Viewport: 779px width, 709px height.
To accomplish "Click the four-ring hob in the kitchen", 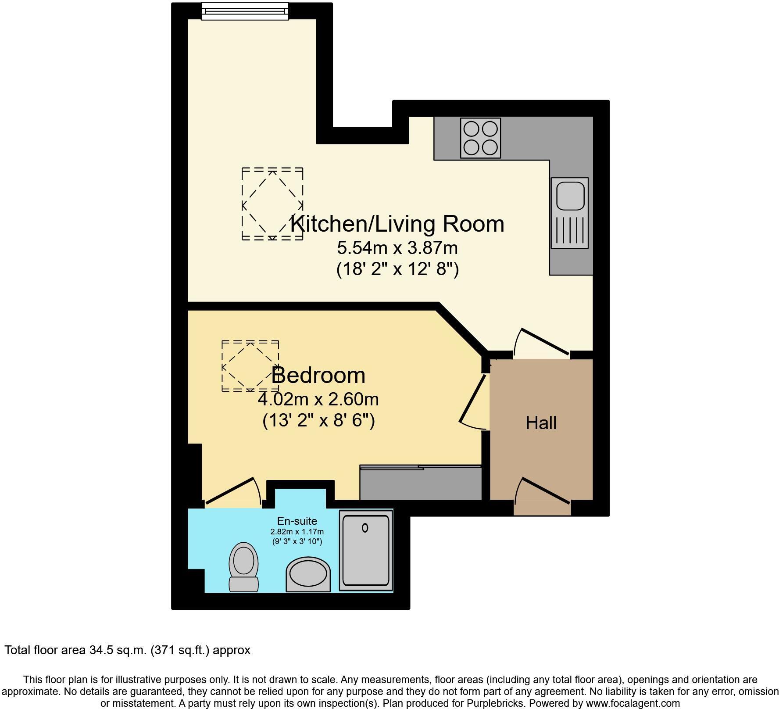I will coord(480,138).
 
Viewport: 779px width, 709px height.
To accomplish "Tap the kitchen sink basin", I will coord(570,197).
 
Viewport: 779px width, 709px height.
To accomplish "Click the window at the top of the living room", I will coord(245,11).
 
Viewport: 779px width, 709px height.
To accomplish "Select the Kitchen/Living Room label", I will coord(397,224).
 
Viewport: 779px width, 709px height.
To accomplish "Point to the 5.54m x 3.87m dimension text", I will coord(397,248).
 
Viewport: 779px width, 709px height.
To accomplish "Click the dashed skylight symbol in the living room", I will coord(272,204).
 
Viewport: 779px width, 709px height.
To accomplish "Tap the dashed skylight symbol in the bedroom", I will coord(250,365).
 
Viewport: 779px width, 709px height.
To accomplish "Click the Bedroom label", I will coord(318,376).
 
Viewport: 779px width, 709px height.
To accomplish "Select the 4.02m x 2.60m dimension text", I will coord(318,400).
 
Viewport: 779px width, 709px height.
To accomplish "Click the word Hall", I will coord(541,423).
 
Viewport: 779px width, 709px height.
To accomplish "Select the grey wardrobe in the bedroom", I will coord(421,483).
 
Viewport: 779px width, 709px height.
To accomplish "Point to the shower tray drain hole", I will coord(365,528).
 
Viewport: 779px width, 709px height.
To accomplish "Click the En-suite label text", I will coord(297,521).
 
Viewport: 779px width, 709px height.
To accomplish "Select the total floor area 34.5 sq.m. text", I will coord(127,650).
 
